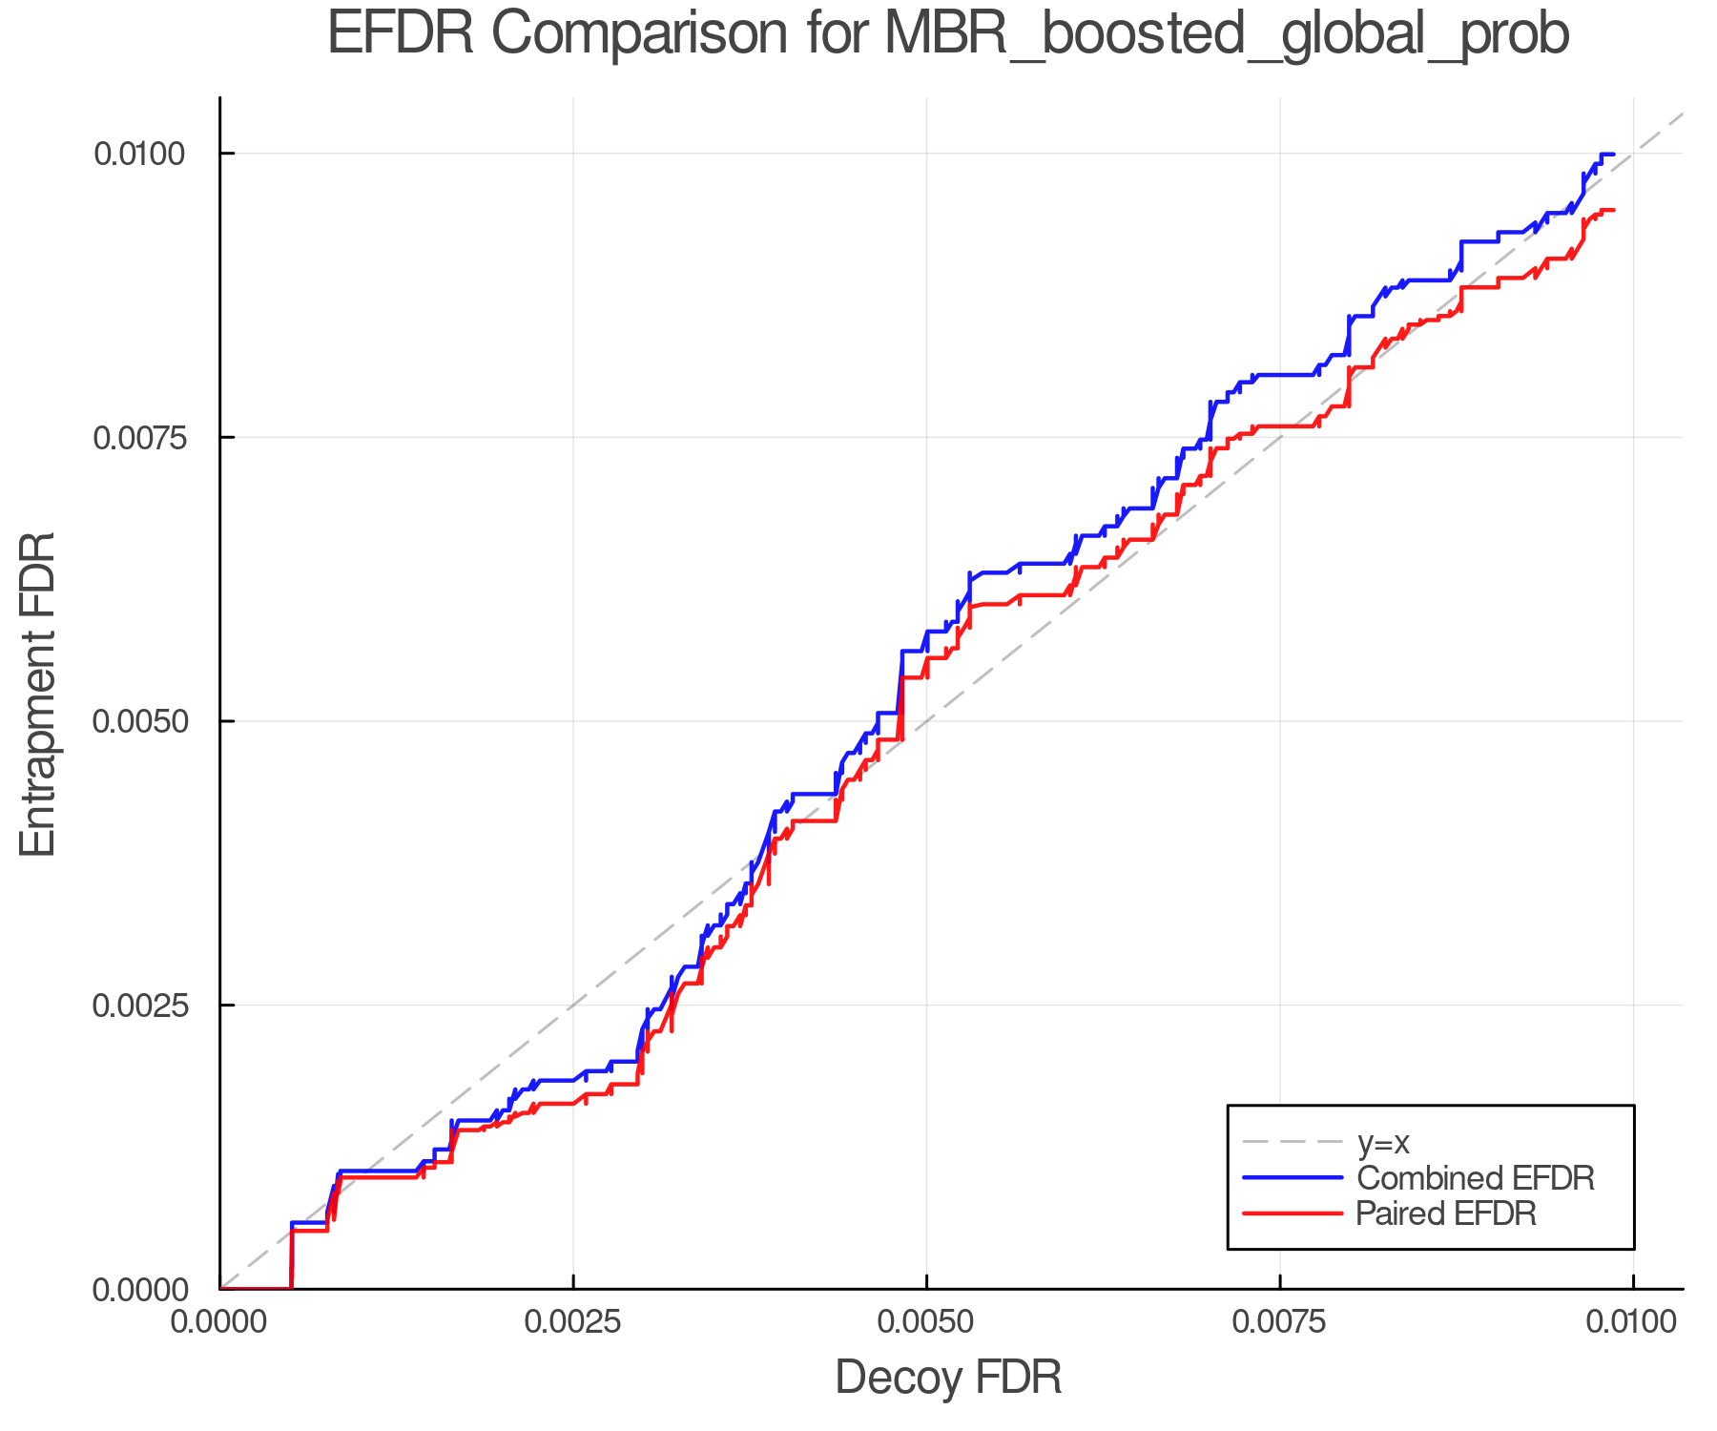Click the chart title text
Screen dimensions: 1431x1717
pyautogui.click(x=948, y=34)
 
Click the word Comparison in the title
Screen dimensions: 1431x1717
pyautogui.click(x=640, y=34)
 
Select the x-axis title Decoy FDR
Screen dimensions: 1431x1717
pyautogui.click(x=948, y=1378)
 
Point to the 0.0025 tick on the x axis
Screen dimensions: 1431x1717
pyautogui.click(x=573, y=1321)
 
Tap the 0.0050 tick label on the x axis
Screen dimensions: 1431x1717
pyautogui.click(x=926, y=1321)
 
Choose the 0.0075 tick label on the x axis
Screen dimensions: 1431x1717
pyautogui.click(x=1279, y=1321)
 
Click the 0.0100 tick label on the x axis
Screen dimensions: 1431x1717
pyautogui.click(x=1631, y=1321)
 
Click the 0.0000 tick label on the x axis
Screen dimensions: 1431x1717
pyautogui.click(x=220, y=1321)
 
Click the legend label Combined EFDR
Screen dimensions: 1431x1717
pyautogui.click(x=1475, y=1178)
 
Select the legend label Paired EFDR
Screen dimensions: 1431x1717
pyautogui.click(x=1445, y=1213)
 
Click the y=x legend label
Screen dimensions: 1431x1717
pyautogui.click(x=1382, y=1142)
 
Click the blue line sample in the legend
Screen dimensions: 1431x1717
pyautogui.click(x=1293, y=1178)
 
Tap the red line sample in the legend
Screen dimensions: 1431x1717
pyautogui.click(x=1293, y=1213)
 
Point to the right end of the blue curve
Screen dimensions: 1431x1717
pyautogui.click(x=1612, y=154)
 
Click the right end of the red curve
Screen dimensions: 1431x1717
pyautogui.click(x=1612, y=210)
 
